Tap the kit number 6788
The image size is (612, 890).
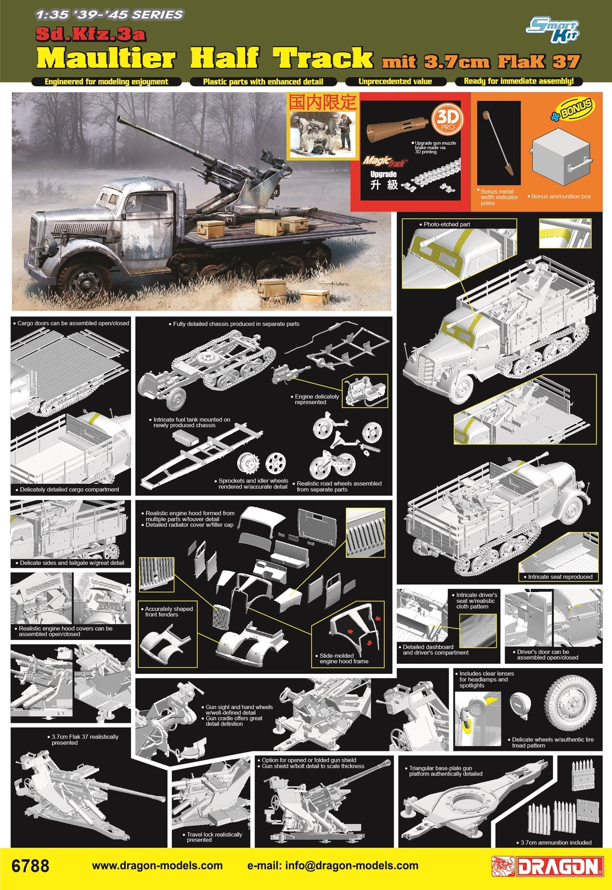point(30,866)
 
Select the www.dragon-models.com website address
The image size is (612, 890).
point(157,866)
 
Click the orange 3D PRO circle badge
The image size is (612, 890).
point(447,119)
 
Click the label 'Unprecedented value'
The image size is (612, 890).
point(395,81)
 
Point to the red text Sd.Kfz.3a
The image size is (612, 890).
point(90,35)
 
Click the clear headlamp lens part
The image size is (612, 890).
point(521,705)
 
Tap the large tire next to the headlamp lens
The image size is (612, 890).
point(570,704)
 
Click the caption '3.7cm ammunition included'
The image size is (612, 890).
point(555,842)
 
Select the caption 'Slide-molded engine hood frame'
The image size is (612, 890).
point(344,658)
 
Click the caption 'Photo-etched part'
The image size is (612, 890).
point(446,224)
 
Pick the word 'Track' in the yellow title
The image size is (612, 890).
point(323,58)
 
